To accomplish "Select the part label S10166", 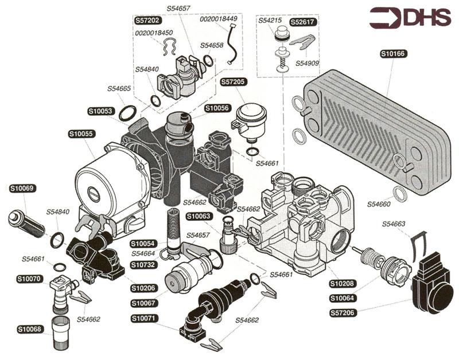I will [x=393, y=54].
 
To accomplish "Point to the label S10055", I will [x=81, y=134].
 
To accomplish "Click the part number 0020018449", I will [x=218, y=19].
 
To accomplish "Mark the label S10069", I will [x=23, y=188].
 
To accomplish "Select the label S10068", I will [x=29, y=329].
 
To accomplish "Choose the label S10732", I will [x=143, y=265].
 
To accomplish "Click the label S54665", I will [x=119, y=89].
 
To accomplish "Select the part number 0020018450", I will [x=154, y=33].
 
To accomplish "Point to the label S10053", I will [x=100, y=111].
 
